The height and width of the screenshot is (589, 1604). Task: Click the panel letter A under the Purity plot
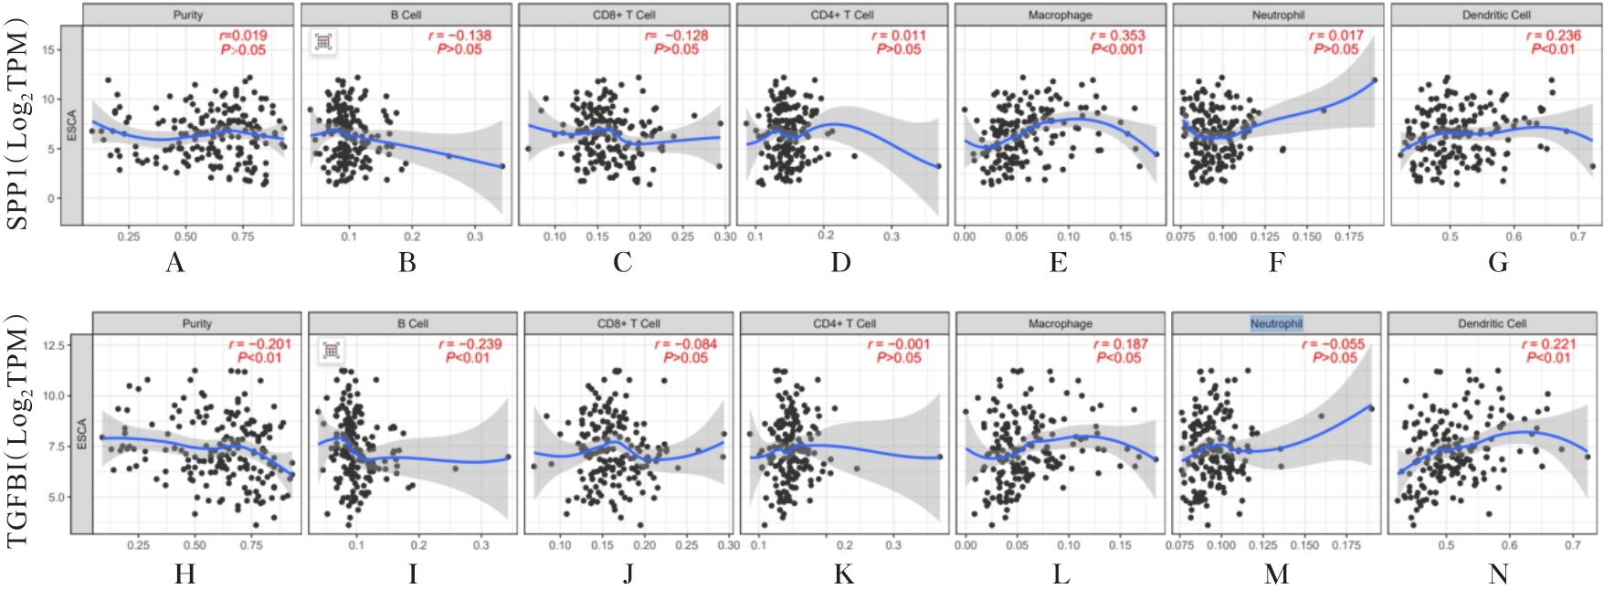click(x=175, y=263)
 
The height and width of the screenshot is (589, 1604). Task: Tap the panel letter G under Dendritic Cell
click(x=1498, y=263)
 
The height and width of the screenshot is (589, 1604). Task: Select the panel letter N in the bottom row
click(x=1498, y=573)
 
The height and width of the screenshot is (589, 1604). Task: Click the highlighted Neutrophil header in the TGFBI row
click(x=1276, y=323)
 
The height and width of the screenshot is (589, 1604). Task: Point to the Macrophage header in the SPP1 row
click(x=1060, y=15)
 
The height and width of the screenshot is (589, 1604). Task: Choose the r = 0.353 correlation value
click(x=1117, y=36)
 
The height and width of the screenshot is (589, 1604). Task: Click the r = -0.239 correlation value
click(x=470, y=344)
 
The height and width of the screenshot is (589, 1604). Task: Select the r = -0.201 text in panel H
click(x=259, y=344)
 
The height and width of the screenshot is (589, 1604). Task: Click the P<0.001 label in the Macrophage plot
click(x=1117, y=49)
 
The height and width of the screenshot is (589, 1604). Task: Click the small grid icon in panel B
click(x=323, y=41)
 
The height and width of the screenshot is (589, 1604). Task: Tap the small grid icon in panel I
click(x=331, y=350)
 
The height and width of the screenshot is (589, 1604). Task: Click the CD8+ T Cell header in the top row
click(x=624, y=15)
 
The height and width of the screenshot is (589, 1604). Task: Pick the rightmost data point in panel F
click(x=1374, y=80)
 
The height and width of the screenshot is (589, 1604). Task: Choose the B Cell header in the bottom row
click(x=413, y=323)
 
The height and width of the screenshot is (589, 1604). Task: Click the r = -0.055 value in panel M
click(x=1334, y=344)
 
